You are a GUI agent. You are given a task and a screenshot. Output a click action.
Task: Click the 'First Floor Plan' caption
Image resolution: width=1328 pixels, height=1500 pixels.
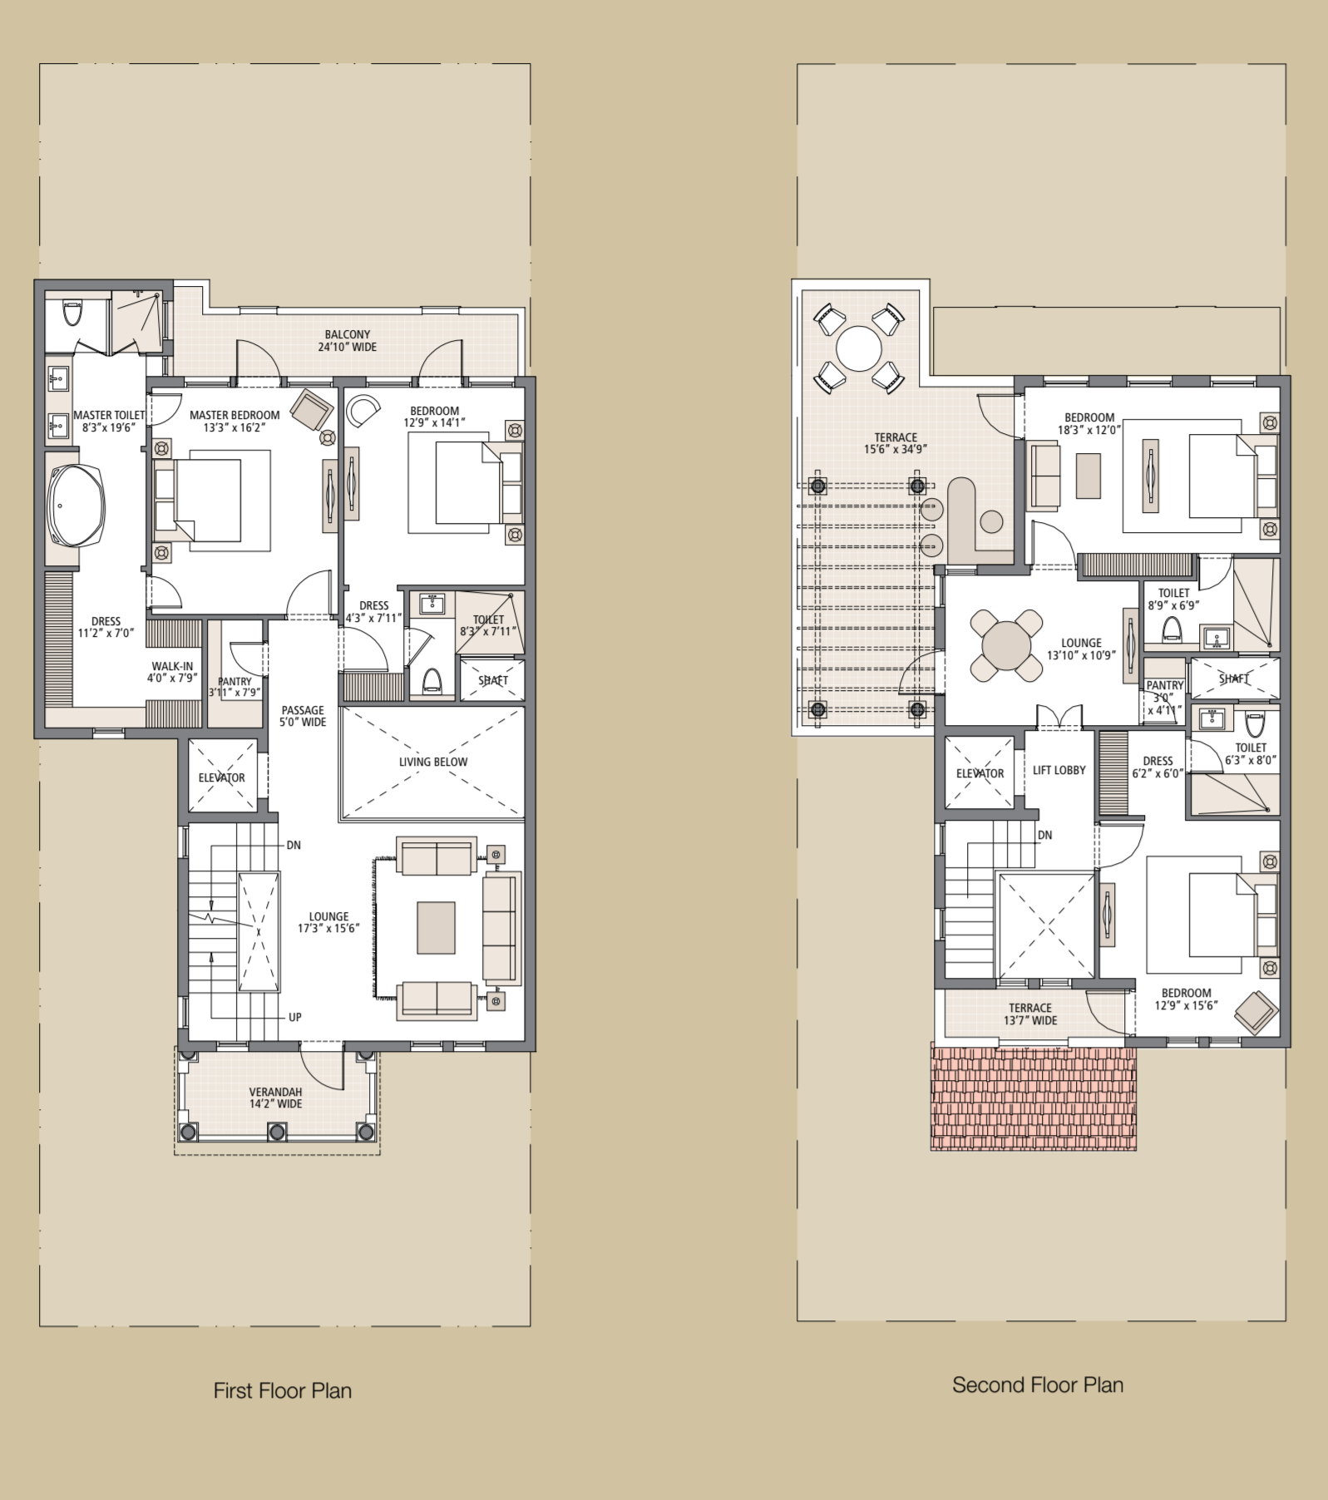283,1390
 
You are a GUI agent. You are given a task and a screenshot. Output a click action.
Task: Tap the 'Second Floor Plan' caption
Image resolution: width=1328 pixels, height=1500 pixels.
1038,1384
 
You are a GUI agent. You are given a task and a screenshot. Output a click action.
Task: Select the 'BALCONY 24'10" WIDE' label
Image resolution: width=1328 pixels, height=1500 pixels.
348,341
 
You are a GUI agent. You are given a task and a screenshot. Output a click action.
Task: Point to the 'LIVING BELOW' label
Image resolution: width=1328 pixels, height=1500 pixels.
433,762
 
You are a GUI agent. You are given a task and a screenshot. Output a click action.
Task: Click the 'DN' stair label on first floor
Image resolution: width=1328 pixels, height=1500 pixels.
294,845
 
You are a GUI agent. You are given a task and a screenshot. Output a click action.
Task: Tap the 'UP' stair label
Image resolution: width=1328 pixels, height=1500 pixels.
295,1017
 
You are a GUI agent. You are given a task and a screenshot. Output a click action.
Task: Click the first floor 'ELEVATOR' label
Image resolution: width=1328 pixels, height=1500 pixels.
222,777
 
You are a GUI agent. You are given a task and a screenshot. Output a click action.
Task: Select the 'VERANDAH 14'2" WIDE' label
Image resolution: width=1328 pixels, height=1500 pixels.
276,1098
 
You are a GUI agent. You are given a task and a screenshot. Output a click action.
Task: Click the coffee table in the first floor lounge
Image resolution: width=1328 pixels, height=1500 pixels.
436,928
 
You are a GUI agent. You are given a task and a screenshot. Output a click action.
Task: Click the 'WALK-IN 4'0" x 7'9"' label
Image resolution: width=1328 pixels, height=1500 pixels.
172,672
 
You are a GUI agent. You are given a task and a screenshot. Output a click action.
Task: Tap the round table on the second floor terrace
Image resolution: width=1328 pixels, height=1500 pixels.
859,348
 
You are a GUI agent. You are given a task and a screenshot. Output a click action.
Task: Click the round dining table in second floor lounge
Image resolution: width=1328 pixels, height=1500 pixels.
1006,646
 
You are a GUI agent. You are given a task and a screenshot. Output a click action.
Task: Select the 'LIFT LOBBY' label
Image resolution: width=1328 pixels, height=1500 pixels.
1059,770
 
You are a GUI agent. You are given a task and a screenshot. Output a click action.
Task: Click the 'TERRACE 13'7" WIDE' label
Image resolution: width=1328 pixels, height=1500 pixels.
1030,1014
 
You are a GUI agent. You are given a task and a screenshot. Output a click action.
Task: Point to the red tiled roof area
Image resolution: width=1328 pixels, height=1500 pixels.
1034,1098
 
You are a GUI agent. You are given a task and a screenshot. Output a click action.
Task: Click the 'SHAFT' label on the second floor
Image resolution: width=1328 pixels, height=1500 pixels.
1235,678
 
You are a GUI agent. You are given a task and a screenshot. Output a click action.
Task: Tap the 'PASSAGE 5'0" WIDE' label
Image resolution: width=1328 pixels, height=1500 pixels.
303,716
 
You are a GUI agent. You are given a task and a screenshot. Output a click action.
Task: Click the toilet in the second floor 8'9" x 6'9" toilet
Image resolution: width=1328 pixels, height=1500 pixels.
1172,629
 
